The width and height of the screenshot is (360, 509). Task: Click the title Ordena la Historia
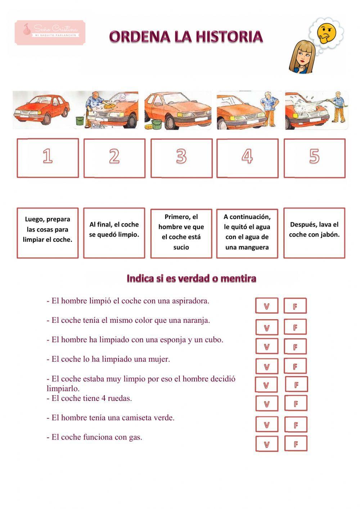pyautogui.click(x=186, y=37)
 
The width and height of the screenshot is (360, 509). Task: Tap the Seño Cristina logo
pyautogui.click(x=50, y=32)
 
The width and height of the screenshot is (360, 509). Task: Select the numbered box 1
pyautogui.click(x=48, y=158)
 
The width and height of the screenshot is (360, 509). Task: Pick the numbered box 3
pyautogui.click(x=181, y=158)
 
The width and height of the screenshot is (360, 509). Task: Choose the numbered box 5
pyautogui.click(x=314, y=158)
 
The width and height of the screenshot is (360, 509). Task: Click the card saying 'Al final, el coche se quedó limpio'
pyautogui.click(x=114, y=233)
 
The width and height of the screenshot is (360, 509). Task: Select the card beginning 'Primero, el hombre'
pyautogui.click(x=181, y=233)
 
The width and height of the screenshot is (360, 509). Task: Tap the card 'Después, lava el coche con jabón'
pyautogui.click(x=314, y=233)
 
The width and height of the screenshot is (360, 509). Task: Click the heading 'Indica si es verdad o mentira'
pyautogui.click(x=191, y=278)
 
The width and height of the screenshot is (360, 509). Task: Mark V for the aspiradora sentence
pyautogui.click(x=267, y=306)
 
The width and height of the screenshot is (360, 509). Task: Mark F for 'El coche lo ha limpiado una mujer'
pyautogui.click(x=295, y=366)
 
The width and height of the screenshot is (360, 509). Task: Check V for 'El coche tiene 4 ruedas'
pyautogui.click(x=267, y=404)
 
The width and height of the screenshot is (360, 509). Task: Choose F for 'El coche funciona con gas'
pyautogui.click(x=296, y=444)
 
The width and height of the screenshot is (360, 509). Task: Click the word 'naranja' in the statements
pyautogui.click(x=197, y=320)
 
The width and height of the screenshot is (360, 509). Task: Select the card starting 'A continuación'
pyautogui.click(x=247, y=233)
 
